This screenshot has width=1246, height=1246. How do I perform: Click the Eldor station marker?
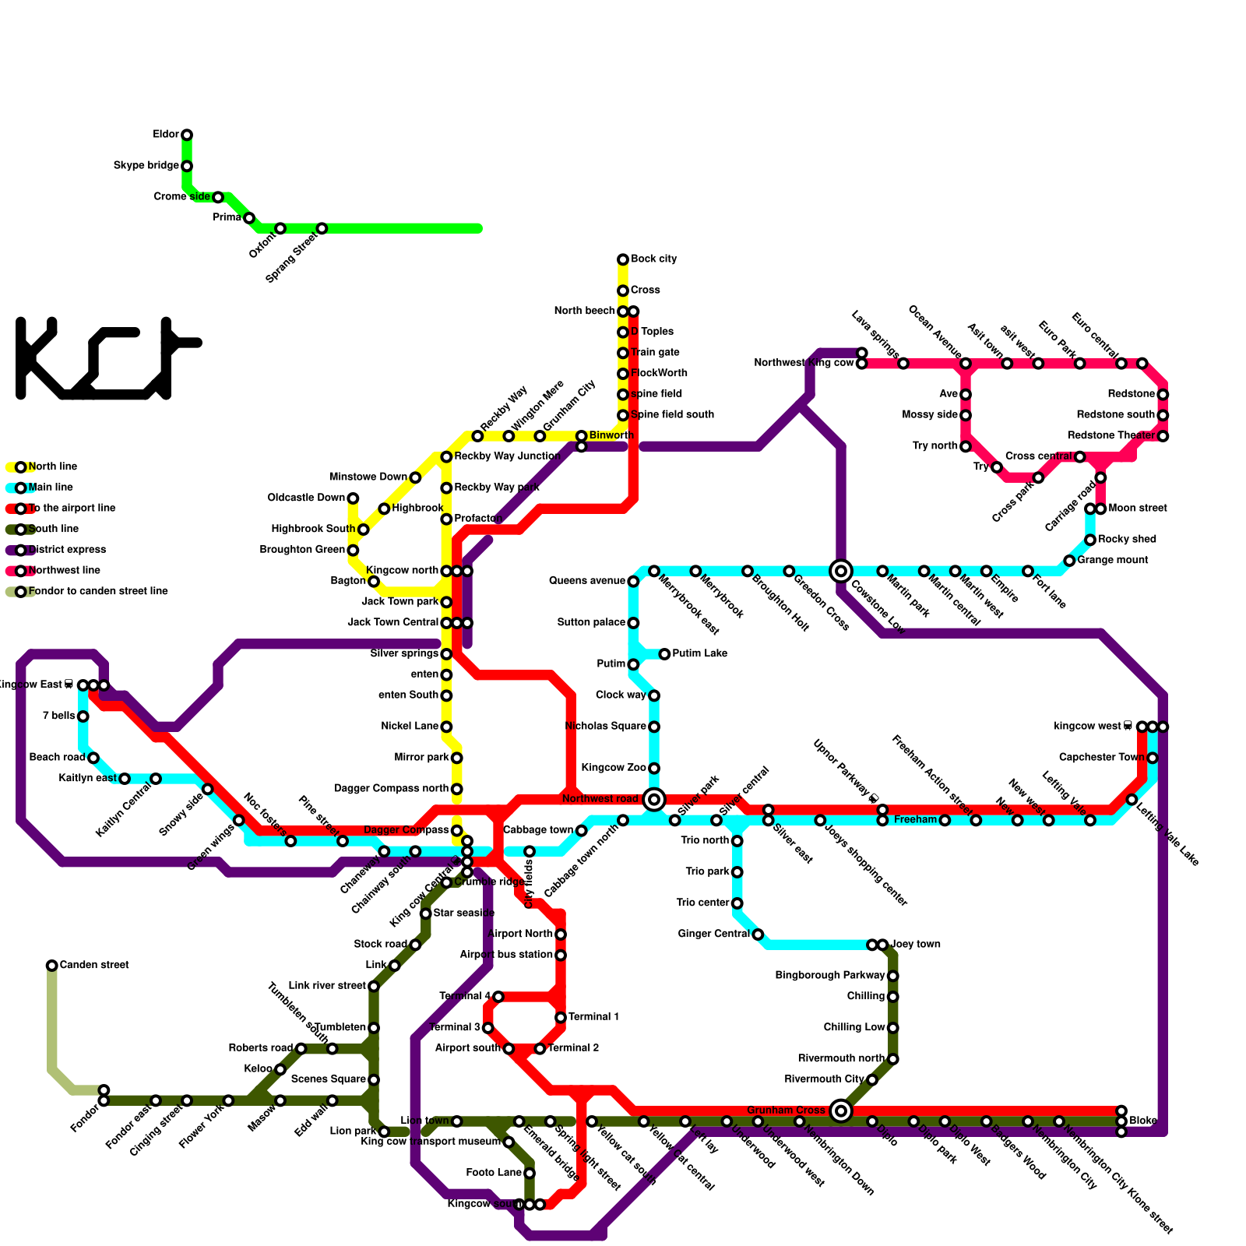click(187, 135)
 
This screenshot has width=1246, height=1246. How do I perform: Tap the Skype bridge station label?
click(146, 166)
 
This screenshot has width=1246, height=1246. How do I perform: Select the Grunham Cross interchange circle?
click(840, 1110)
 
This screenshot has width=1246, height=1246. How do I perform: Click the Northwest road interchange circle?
click(654, 799)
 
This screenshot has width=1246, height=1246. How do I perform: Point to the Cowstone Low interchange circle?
click(840, 571)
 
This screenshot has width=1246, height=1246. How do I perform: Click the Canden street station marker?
click(52, 966)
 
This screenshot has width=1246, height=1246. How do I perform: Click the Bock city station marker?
click(623, 259)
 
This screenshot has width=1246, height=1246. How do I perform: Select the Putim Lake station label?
click(699, 653)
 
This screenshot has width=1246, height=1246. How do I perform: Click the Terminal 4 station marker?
click(498, 997)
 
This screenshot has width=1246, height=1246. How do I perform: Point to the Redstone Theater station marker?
click(1163, 436)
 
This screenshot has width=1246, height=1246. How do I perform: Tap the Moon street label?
click(1138, 509)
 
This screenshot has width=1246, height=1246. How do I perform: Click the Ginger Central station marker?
click(758, 935)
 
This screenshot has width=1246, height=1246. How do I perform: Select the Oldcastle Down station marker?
click(353, 498)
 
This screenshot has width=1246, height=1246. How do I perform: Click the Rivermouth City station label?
click(824, 1079)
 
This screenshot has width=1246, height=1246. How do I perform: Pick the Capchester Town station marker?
click(1153, 758)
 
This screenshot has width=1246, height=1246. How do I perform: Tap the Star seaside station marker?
click(425, 913)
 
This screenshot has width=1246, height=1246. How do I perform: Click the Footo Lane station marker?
click(530, 1173)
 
